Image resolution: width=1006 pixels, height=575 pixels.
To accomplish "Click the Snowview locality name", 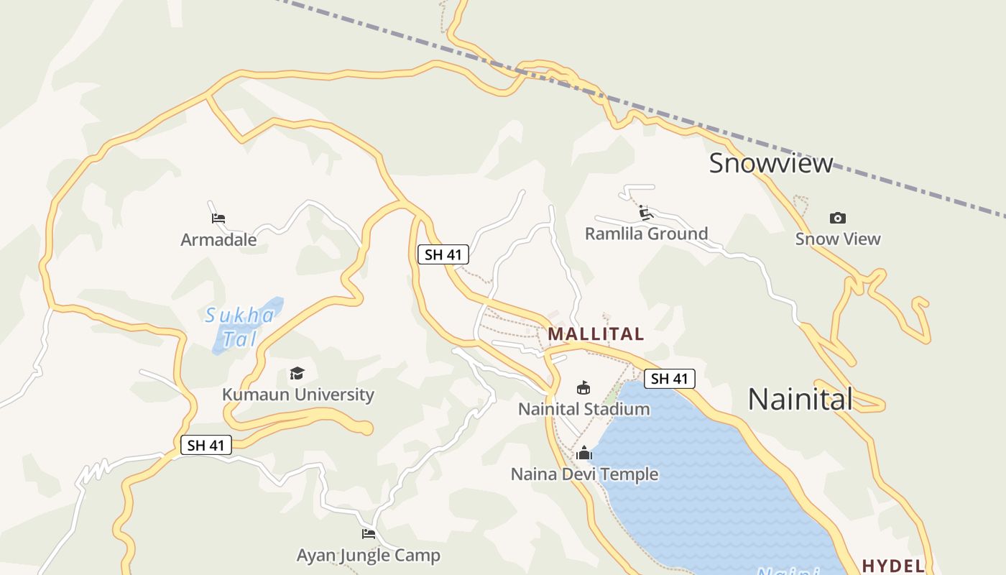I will (x=771, y=163).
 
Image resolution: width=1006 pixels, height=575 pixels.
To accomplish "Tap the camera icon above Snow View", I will (x=837, y=218).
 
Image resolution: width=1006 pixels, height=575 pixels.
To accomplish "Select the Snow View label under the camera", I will (x=837, y=239).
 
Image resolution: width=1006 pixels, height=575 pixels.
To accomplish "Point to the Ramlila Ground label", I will (x=646, y=234).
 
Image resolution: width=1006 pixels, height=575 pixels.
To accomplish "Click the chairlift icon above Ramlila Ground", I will (x=645, y=213).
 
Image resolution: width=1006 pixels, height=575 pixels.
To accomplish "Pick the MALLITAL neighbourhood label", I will (x=596, y=334).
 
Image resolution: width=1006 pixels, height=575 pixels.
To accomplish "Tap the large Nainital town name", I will (x=800, y=399).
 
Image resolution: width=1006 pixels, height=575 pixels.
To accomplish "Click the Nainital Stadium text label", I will (x=583, y=409).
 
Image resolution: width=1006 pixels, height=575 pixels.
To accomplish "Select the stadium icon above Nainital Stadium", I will (x=583, y=388).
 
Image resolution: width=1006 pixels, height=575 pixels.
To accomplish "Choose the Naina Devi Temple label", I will (x=584, y=474).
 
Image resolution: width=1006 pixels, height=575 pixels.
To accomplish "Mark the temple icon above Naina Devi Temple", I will (x=583, y=453).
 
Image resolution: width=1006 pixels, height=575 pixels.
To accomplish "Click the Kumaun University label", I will (x=297, y=395).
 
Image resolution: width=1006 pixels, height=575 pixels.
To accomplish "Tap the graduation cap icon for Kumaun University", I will (x=297, y=373).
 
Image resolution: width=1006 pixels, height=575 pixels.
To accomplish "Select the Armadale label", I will (x=218, y=239).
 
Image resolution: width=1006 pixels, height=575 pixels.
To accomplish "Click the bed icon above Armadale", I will (x=218, y=218).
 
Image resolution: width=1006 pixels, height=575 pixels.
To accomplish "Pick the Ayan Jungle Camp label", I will (x=368, y=556).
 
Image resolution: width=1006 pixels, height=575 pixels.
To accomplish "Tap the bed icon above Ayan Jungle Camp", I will (x=369, y=533).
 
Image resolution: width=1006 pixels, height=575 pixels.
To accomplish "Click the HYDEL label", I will (x=893, y=566).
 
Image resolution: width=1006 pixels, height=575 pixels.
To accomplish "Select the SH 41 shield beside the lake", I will (x=669, y=379).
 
